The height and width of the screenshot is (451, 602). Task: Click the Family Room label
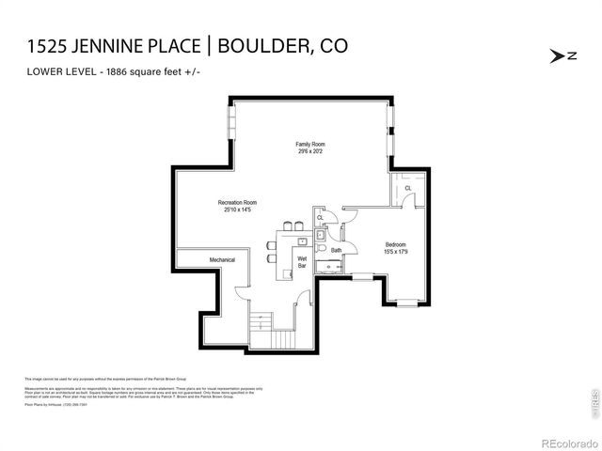coord(311,144)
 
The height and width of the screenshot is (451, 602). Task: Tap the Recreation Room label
coord(237,202)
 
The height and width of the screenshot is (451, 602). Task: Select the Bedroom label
coord(395,244)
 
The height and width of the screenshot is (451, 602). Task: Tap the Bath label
coord(336,251)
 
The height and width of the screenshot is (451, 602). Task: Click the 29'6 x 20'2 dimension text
coord(311,151)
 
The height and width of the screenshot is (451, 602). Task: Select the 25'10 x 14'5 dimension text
coord(237,210)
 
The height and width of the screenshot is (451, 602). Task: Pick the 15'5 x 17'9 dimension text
coord(395,252)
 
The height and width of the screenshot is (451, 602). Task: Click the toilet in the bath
coord(321,250)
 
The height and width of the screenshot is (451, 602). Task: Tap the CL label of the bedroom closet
coord(408,188)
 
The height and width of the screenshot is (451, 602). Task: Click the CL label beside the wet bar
coord(320,218)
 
